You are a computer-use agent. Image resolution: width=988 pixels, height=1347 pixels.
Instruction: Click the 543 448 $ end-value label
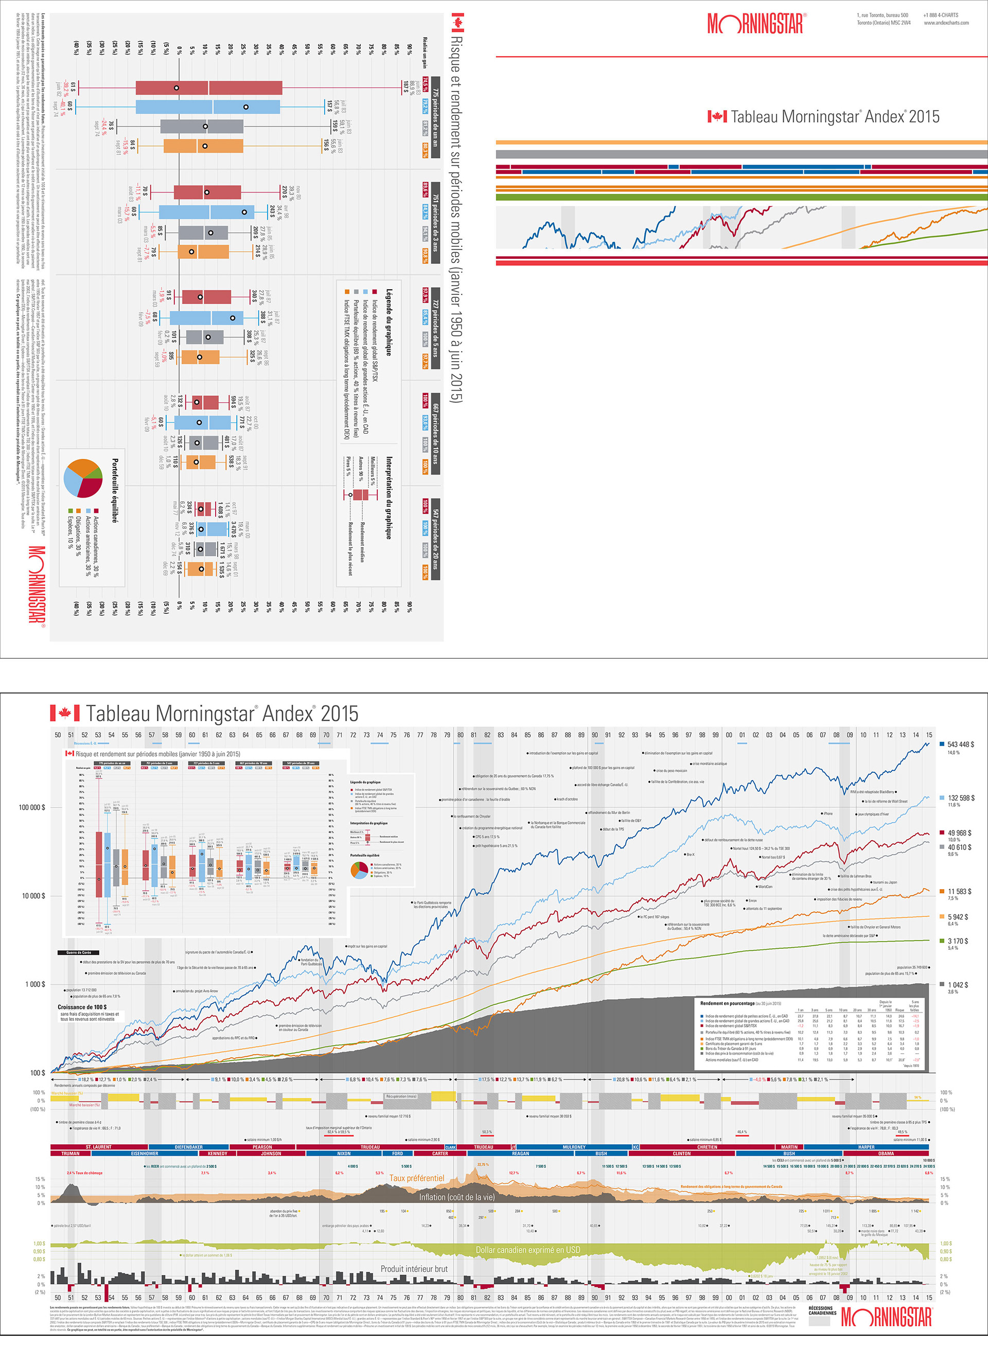961,745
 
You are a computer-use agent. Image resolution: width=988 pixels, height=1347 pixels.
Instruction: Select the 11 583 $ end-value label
959,891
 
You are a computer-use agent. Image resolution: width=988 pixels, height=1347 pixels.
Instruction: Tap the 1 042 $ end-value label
958,985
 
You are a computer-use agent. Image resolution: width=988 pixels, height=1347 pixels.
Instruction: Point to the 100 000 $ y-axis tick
32,807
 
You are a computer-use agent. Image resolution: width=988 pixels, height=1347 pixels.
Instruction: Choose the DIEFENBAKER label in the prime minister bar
188,1147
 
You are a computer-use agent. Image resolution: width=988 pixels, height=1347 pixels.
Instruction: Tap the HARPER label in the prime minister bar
866,1147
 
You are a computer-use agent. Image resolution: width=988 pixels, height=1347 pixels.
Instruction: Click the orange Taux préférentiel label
416,1178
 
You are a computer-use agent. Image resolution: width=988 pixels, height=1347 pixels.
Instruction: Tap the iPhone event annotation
827,813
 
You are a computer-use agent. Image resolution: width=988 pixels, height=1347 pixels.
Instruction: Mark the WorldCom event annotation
765,887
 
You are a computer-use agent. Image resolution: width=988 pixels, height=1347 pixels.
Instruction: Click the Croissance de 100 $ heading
81,1007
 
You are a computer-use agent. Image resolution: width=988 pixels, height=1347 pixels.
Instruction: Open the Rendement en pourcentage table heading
727,1003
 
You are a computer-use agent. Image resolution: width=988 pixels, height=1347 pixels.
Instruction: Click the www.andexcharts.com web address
946,23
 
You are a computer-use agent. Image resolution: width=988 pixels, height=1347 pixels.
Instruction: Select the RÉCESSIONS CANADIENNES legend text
822,1310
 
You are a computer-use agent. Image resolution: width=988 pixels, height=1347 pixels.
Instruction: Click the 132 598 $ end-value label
961,797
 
